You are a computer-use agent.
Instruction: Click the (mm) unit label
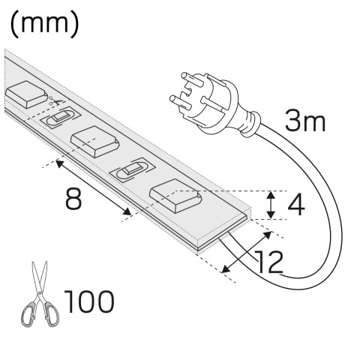coord(44,25)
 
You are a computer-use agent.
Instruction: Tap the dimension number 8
coord(73,199)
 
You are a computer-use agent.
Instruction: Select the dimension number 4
coord(296,205)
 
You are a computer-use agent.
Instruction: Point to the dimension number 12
coord(268,262)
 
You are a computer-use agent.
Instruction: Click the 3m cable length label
coord(305,121)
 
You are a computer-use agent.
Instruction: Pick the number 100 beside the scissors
coord(89,301)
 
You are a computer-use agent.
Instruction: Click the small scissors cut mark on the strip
coord(55,100)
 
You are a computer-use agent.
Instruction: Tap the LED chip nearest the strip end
coord(176,196)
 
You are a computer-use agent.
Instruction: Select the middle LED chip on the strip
coord(94,141)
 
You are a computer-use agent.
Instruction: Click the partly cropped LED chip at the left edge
coord(25,94)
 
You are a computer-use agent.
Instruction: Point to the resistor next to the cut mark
coord(61,118)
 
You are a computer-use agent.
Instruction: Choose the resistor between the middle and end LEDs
coord(133,169)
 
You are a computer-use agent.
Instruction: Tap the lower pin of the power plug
coord(178,100)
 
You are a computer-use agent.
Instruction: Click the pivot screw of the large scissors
coord(40,293)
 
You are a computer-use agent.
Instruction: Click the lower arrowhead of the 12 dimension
coord(226,269)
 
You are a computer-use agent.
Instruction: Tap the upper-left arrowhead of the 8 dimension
coord(60,164)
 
